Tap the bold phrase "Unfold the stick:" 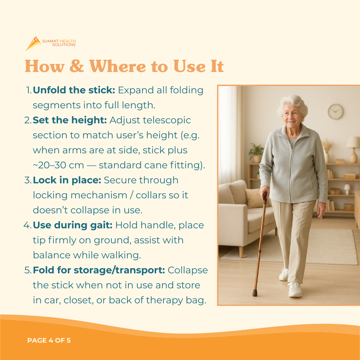[74, 90]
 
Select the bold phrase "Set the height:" [70, 120]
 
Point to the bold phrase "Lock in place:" [67, 180]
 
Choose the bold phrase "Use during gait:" [72, 225]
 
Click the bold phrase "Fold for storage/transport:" [99, 270]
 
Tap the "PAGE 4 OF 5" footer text [49, 340]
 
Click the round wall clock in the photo [335, 112]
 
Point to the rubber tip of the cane [255, 293]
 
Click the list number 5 [28, 270]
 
